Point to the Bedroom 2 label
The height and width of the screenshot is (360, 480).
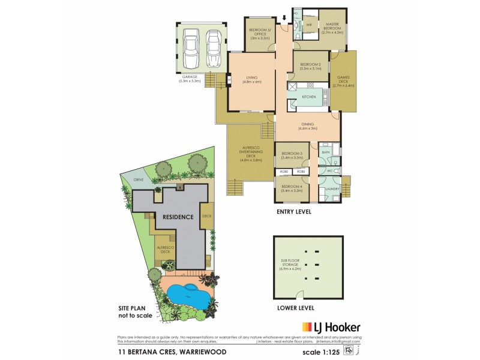[x=311, y=66]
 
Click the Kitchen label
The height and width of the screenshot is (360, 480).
[x=308, y=97]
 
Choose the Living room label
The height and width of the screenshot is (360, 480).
[x=251, y=79]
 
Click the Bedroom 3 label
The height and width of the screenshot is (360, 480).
[x=292, y=156]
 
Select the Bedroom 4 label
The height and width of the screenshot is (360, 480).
[x=292, y=188]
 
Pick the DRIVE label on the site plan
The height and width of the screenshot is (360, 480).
[x=130, y=179]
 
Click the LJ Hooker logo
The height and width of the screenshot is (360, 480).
[x=331, y=327]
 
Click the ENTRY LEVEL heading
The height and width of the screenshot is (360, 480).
[x=294, y=212]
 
